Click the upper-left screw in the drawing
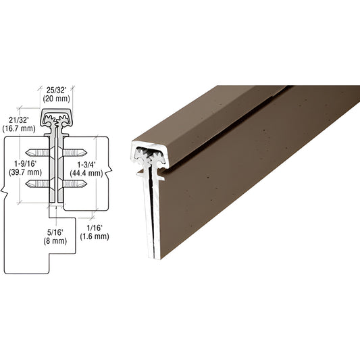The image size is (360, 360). [38, 152]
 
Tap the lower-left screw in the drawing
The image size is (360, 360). [38, 184]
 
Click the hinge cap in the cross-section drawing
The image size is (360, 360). [57, 120]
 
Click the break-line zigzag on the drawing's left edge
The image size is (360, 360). [5, 197]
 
